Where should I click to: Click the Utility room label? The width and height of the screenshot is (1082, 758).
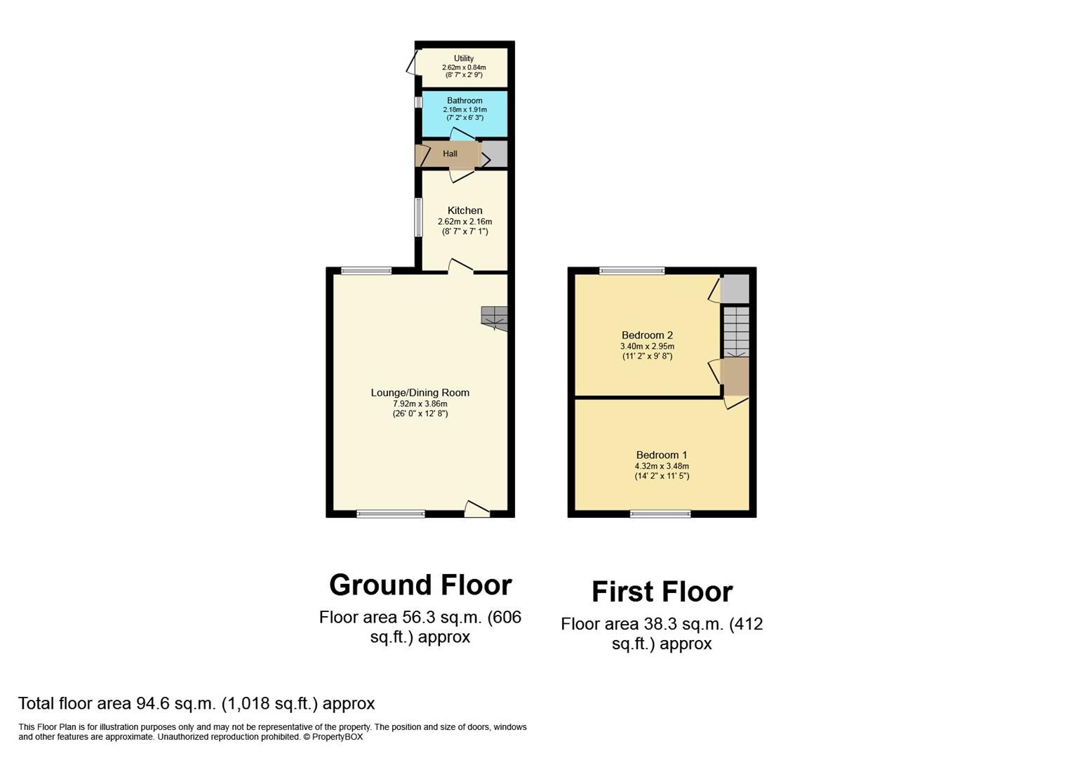coord(463,58)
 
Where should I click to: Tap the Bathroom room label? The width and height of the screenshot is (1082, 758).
coord(465,100)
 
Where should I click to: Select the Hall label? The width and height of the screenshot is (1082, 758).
coord(450,154)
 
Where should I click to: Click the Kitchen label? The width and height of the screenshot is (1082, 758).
coord(465,211)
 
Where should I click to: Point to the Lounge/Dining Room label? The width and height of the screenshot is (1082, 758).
coord(420,393)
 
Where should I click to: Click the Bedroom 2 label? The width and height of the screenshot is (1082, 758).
coord(647,335)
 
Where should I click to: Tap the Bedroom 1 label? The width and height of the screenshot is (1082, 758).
coord(662,455)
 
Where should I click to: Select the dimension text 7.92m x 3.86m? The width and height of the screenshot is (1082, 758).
coord(420,404)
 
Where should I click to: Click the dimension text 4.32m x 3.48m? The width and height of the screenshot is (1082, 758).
coord(662,466)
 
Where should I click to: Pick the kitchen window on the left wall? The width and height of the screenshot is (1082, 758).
coord(418,218)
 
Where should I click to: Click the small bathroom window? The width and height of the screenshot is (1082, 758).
coord(418,102)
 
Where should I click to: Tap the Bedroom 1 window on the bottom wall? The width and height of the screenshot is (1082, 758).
coord(660,514)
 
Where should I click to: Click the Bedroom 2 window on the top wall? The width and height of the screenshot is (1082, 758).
coord(632,271)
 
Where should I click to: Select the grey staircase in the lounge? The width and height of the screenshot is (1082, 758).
coord(494,317)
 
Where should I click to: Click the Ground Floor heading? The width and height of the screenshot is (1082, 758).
coord(420,585)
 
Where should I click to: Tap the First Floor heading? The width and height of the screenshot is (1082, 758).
coord(662,592)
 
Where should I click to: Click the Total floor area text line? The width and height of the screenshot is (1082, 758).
coord(196,703)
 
